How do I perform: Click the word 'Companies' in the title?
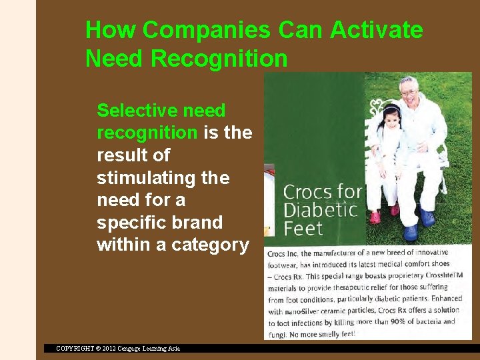coord(207,31)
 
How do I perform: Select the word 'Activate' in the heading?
coord(376,31)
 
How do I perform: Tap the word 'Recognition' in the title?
coord(219,59)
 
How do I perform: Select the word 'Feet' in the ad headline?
coord(303,229)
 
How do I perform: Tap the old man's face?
coord(411,91)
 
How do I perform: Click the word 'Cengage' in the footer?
coord(130,348)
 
